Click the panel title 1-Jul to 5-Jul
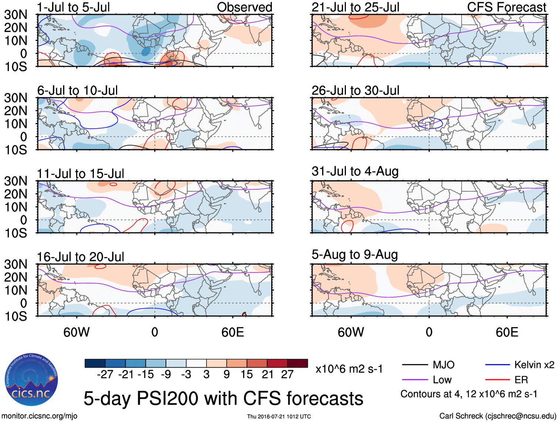(74, 7)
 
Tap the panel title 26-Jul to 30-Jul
(355, 90)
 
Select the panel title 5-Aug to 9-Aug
(355, 255)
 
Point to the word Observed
(245, 7)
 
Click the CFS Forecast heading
(507, 7)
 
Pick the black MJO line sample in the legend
(415, 365)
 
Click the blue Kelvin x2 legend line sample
(497, 365)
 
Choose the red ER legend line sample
(497, 380)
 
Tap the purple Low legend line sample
(415, 380)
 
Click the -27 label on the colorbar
(105, 374)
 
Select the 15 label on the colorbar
(246, 374)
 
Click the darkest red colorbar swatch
(297, 363)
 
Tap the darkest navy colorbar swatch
(95, 363)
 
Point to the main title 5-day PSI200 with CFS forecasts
(224, 398)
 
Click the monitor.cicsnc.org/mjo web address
(40, 416)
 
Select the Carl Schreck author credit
(497, 416)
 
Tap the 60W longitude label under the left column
(76, 332)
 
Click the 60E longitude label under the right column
(507, 332)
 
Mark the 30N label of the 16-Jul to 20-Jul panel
(16, 264)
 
